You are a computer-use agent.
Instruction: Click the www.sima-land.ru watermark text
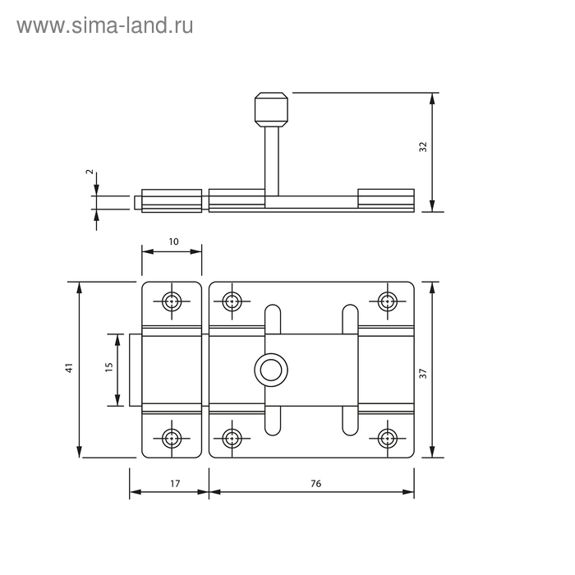coord(105,26)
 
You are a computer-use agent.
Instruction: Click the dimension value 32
coord(423,147)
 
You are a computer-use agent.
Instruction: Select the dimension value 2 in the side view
coord(90,172)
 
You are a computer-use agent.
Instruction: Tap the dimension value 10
coord(173,241)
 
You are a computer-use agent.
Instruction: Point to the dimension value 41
coord(69,368)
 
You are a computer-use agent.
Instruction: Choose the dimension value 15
coord(109,367)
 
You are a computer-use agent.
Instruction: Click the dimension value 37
coord(423,374)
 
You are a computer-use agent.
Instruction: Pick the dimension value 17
coord(175,484)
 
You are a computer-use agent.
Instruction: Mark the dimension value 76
coord(315,484)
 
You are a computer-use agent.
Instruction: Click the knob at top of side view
coord(271,109)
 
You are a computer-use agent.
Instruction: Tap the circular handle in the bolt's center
coord(271,370)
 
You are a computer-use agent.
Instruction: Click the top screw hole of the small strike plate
coord(172,301)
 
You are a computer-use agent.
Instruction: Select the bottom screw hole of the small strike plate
coord(172,438)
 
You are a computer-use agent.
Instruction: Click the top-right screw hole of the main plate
coord(387,301)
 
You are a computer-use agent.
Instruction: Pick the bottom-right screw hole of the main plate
coord(387,438)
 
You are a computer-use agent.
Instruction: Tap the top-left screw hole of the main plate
coord(232,301)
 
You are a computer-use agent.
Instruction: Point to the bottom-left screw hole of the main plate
coord(232,438)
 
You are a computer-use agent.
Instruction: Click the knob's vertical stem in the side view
coord(272,161)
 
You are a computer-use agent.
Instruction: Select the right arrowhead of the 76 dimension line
coord(408,492)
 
